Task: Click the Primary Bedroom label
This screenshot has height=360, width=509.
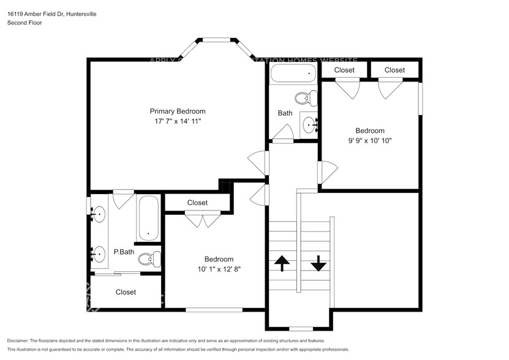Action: tap(178, 111)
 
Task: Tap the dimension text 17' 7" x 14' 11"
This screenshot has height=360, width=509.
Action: tap(178, 122)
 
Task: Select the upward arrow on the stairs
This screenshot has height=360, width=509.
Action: tap(282, 263)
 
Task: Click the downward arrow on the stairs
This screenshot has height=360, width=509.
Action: tap(319, 263)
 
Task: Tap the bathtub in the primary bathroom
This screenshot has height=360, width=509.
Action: tap(148, 218)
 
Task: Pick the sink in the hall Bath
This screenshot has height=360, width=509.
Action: tap(311, 125)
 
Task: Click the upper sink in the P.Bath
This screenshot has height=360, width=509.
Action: tap(98, 214)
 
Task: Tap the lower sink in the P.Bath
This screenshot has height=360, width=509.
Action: tap(98, 252)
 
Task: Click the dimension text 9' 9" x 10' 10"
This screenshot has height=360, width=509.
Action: tap(370, 141)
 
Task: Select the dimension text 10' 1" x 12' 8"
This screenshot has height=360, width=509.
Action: tap(218, 269)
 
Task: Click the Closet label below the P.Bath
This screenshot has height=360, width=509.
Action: tap(126, 293)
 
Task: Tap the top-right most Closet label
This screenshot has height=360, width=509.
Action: tap(394, 70)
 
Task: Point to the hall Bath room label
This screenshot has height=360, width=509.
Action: tap(285, 113)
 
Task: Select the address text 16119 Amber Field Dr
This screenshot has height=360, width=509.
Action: tap(38, 13)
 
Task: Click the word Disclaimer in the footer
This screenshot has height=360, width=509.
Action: tap(19, 340)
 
